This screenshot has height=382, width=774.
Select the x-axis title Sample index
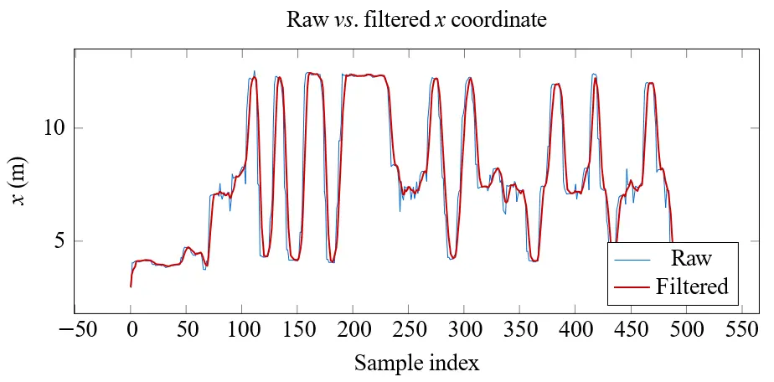point(416,363)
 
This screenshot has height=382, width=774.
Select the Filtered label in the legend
point(692,286)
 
